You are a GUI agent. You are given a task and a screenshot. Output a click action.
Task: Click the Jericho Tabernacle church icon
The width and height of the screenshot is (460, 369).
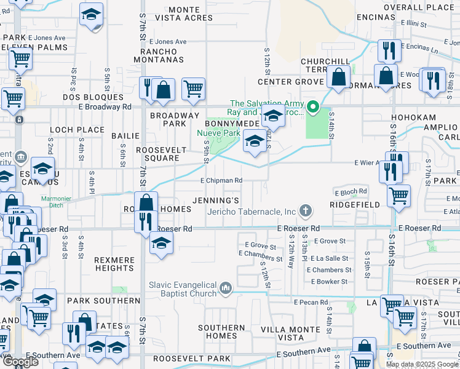[304, 211]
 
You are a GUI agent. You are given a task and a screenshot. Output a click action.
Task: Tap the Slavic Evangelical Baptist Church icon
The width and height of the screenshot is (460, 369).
[226, 287]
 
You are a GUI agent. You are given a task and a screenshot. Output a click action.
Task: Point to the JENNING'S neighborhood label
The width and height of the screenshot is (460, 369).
[215, 201]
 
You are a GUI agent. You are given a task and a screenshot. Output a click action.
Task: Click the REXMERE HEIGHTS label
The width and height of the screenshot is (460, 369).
[114, 264]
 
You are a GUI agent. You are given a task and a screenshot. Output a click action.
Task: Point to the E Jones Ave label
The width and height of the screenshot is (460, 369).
[166, 42]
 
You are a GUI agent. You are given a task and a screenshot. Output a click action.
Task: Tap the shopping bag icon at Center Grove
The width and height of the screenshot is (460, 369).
[338, 77]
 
